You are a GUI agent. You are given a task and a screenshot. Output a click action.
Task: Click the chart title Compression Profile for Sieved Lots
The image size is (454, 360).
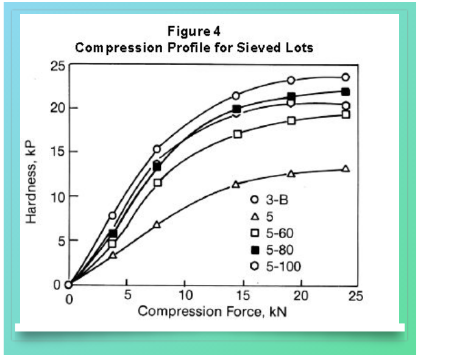pos(194,48)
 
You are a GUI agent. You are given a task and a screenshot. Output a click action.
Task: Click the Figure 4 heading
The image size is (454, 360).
pos(194,32)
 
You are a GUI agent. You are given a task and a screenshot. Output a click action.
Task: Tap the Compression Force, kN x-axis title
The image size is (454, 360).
pos(211,311)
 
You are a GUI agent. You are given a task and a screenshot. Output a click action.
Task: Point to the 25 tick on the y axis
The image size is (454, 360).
pos(57,65)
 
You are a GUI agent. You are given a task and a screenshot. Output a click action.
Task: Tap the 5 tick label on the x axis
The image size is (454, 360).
pos(127,297)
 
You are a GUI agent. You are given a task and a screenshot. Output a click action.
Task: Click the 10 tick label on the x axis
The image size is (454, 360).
pos(185,297)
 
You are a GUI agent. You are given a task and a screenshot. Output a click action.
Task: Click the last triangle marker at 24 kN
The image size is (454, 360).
pos(346,168)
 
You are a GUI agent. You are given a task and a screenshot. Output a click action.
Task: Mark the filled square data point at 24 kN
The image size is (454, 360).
pos(346,92)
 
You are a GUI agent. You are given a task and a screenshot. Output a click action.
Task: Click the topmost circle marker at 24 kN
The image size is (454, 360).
pos(346,77)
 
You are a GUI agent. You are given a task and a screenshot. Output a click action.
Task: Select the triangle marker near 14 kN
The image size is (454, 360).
pos(235,184)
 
